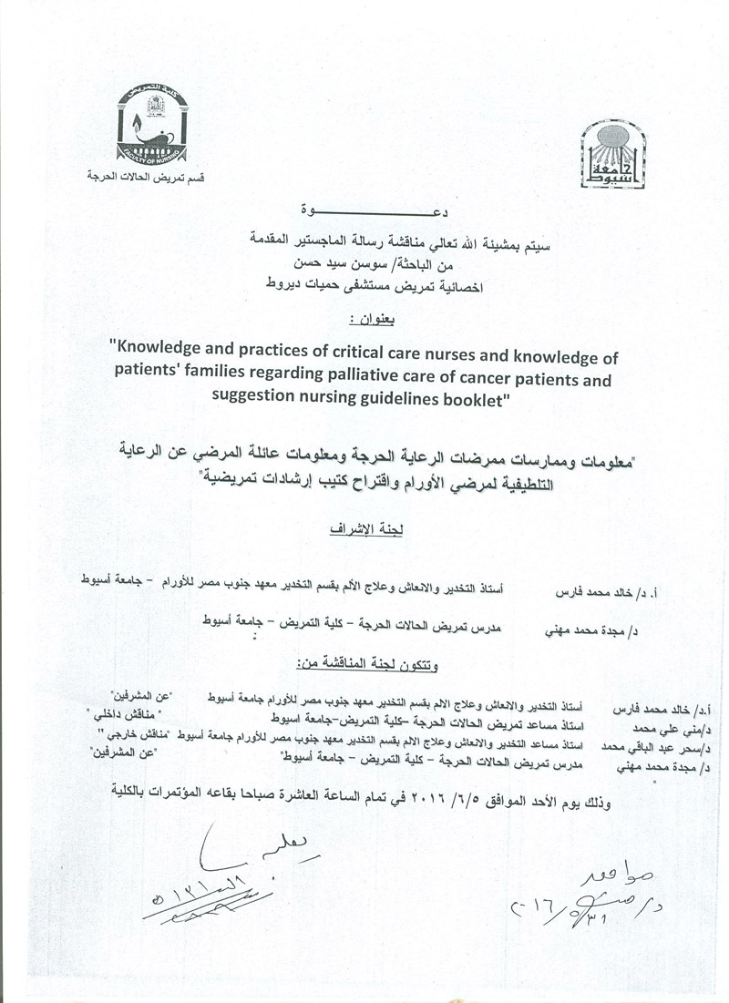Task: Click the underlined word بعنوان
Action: tap(364, 321)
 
